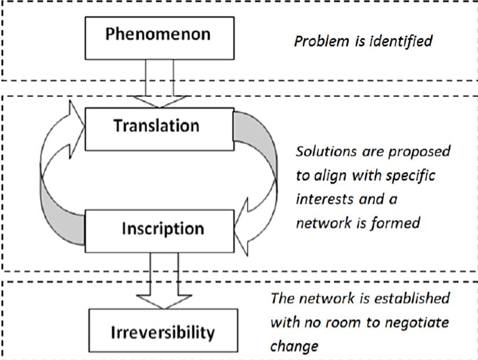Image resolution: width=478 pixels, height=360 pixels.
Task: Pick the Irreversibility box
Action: coord(163,333)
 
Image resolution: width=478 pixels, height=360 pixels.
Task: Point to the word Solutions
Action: coord(322,151)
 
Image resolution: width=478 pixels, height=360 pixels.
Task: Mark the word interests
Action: coord(322,198)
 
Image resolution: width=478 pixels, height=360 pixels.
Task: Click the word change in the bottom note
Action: coord(294,346)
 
